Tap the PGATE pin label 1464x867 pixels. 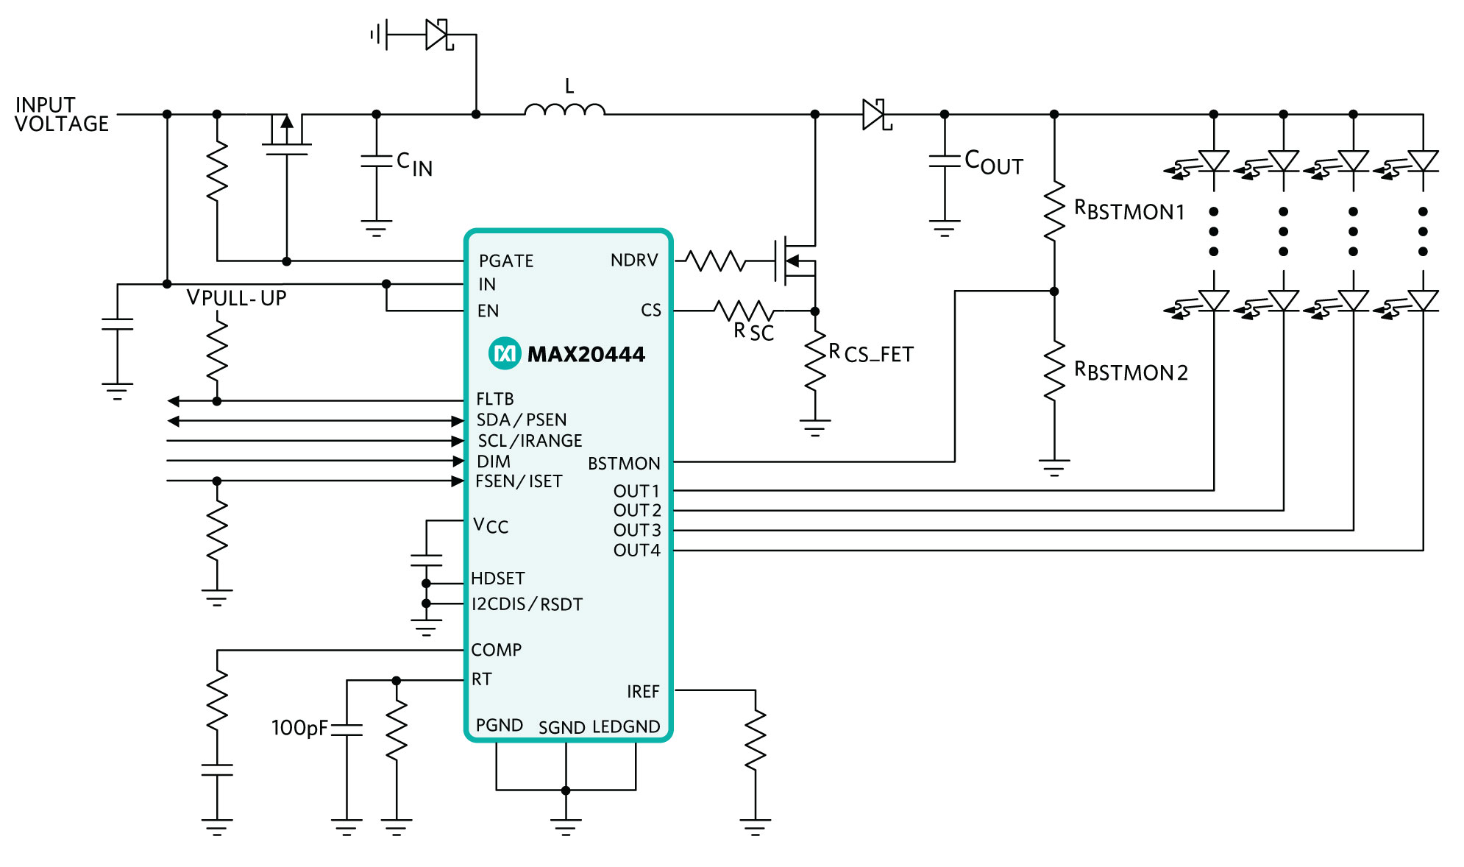click(506, 261)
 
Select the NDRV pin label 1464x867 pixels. click(634, 261)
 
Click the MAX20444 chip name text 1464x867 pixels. click(586, 355)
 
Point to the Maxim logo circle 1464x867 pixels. click(505, 354)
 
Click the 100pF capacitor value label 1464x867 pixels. click(299, 728)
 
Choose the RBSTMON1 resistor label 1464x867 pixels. click(1129, 210)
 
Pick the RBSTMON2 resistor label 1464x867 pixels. click(1131, 370)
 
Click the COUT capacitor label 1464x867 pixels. click(994, 162)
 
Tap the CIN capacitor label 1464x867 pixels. click(414, 164)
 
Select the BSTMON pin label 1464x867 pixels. click(624, 464)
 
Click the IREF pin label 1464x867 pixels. click(643, 692)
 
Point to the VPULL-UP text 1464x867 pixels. click(236, 298)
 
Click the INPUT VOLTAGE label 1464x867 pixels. click(62, 114)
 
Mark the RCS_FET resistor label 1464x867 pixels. click(871, 353)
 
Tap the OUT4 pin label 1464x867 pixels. click(637, 551)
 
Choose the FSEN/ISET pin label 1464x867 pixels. click(519, 481)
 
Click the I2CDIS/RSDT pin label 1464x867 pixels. click(527, 604)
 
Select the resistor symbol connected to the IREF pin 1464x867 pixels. click(756, 740)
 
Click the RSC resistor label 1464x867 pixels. click(754, 332)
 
